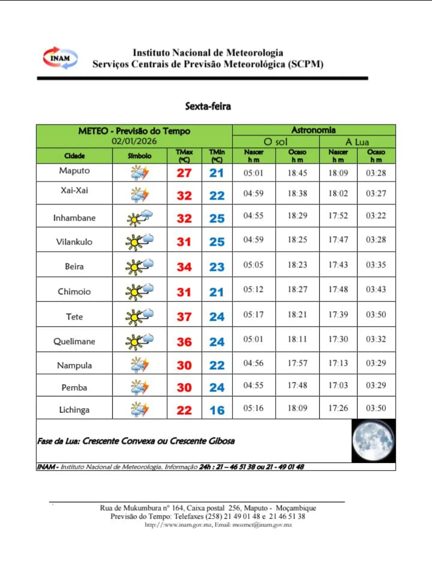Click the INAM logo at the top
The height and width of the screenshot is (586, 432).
click(x=60, y=58)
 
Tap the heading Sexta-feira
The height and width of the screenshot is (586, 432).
click(x=208, y=106)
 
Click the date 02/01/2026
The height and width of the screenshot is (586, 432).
click(x=134, y=141)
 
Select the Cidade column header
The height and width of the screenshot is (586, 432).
click(x=75, y=156)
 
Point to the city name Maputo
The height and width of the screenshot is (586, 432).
click(x=75, y=171)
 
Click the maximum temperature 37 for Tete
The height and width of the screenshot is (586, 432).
click(x=184, y=317)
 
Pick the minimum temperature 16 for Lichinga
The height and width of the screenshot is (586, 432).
click(x=217, y=410)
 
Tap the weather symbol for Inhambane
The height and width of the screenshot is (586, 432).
click(x=140, y=218)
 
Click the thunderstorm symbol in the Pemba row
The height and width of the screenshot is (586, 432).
click(x=140, y=387)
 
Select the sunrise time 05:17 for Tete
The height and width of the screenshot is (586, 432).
click(x=253, y=315)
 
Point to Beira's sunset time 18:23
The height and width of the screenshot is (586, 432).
click(x=297, y=265)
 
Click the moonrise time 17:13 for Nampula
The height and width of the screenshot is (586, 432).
click(x=338, y=363)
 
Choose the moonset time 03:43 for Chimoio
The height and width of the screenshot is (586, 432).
click(x=376, y=289)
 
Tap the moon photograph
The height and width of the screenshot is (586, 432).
click(x=373, y=441)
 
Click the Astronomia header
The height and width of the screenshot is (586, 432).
click(x=314, y=130)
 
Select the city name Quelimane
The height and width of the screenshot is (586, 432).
click(x=75, y=341)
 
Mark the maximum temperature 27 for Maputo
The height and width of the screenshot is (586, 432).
click(x=184, y=173)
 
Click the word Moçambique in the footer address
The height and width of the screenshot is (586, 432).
click(x=296, y=508)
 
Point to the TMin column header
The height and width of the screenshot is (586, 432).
click(x=217, y=156)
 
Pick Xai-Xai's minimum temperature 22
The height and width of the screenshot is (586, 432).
click(x=217, y=195)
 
